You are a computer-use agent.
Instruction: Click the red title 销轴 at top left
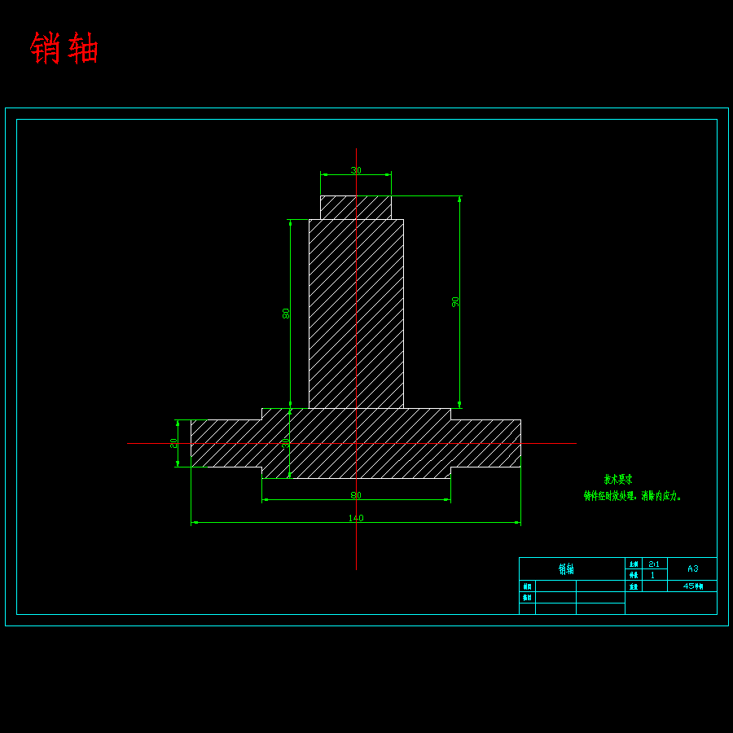point(64,49)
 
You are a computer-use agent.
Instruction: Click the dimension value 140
point(356,518)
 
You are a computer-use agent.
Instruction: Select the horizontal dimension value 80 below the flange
point(356,495)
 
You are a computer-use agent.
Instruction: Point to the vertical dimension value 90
point(455,301)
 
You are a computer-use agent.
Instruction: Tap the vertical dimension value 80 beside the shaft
point(286,313)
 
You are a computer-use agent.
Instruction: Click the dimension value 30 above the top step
point(356,170)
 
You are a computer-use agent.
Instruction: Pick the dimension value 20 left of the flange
point(173,443)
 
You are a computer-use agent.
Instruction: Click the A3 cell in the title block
point(692,568)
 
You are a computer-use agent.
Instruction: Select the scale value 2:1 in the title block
point(654,564)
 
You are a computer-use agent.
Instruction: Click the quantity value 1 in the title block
point(653,575)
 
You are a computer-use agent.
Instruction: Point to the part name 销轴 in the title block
point(566,568)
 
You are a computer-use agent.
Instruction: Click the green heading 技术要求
point(618,480)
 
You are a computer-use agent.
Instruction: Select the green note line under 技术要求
point(633,495)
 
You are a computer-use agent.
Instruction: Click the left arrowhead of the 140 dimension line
point(195,523)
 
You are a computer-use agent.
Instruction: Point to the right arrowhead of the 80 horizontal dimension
point(447,500)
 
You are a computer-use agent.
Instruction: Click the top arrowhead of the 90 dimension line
point(459,200)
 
